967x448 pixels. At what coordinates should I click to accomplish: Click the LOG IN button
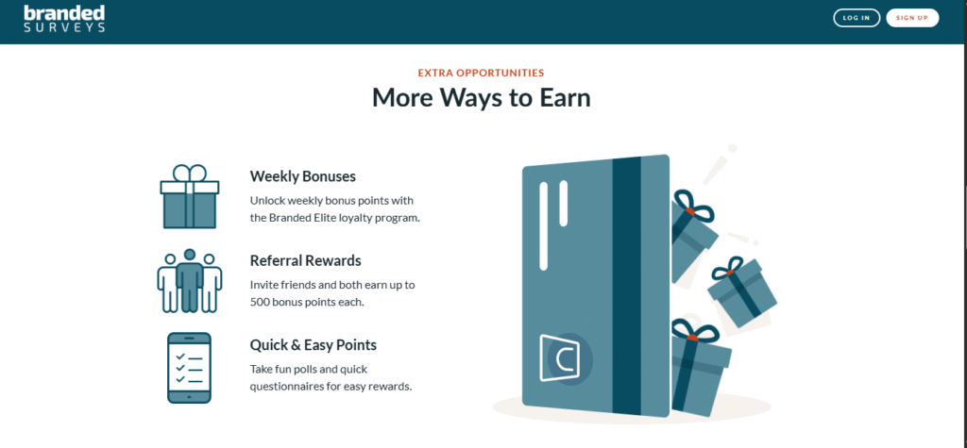856,18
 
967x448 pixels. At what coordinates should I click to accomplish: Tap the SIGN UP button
912,18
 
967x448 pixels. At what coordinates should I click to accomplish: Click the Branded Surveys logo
64,19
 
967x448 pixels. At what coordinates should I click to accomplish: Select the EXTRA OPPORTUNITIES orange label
481,73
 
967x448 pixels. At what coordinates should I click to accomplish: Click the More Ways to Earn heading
481,98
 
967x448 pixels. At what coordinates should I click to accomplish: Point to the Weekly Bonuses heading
303,176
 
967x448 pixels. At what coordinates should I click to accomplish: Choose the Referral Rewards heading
305,260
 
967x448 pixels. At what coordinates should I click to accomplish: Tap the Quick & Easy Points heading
314,345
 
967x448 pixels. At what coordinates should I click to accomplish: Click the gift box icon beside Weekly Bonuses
189,197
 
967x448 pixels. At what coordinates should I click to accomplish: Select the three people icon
189,281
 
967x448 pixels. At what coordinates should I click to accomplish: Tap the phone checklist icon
189,368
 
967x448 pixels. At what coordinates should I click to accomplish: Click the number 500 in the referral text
260,303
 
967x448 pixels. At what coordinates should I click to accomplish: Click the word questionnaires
282,387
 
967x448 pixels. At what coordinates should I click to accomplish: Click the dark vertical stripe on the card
627,287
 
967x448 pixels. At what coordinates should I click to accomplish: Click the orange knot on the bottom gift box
692,338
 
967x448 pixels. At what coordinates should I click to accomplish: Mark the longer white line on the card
543,226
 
